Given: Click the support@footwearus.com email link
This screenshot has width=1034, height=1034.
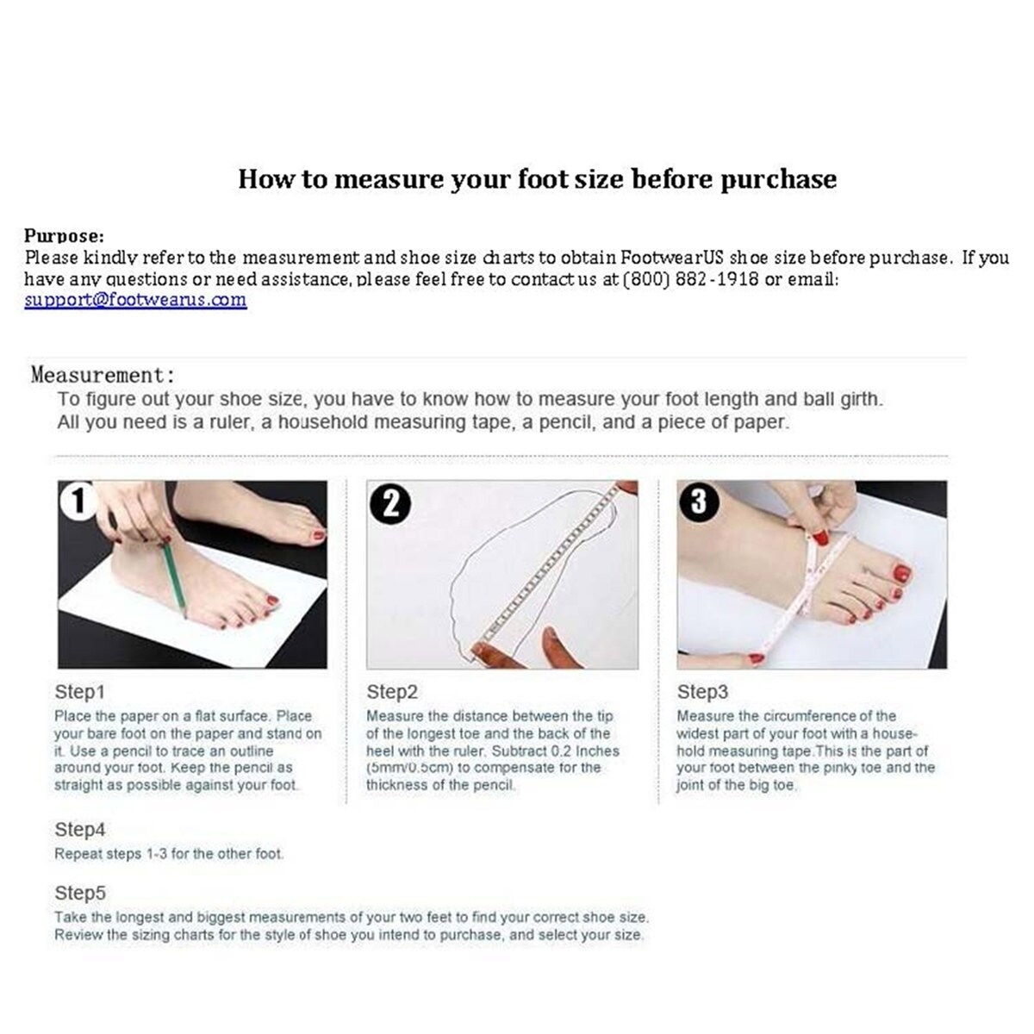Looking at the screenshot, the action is pyautogui.click(x=136, y=299).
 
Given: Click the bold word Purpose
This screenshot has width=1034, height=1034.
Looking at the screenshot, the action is pyautogui.click(x=64, y=236).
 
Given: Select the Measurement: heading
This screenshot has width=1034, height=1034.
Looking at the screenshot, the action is pyautogui.click(x=103, y=375).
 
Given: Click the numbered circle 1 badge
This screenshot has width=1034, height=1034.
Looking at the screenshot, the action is pyautogui.click(x=79, y=501).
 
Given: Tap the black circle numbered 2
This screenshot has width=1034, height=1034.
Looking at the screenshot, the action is pyautogui.click(x=390, y=506).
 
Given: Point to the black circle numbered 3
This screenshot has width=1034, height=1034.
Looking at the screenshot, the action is pyautogui.click(x=699, y=502).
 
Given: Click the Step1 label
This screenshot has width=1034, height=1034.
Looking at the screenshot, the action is pyautogui.click(x=79, y=692).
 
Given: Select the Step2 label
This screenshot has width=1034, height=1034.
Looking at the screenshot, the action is pyautogui.click(x=392, y=692).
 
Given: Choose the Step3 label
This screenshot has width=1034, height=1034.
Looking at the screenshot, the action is pyautogui.click(x=702, y=692).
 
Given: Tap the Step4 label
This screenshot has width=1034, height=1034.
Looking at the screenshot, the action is pyautogui.click(x=80, y=829).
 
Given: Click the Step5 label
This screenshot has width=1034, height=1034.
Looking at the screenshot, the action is pyautogui.click(x=80, y=893).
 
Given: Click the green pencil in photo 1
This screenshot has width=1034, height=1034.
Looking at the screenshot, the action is pyautogui.click(x=175, y=580).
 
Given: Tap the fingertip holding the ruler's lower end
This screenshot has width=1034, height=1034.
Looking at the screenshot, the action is pyautogui.click(x=480, y=655).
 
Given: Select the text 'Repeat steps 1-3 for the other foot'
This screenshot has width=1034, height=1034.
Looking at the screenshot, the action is pyautogui.click(x=168, y=854).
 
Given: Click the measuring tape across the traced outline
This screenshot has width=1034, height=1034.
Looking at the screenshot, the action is pyautogui.click(x=551, y=565).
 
